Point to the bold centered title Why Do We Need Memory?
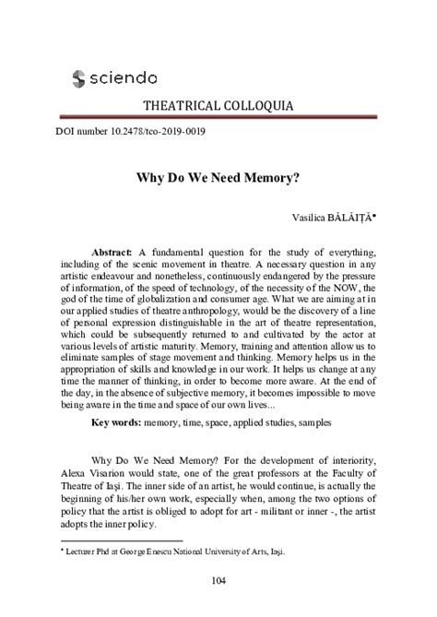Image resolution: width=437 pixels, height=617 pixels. click(x=218, y=171)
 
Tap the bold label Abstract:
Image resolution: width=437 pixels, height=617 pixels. click(x=113, y=249)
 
